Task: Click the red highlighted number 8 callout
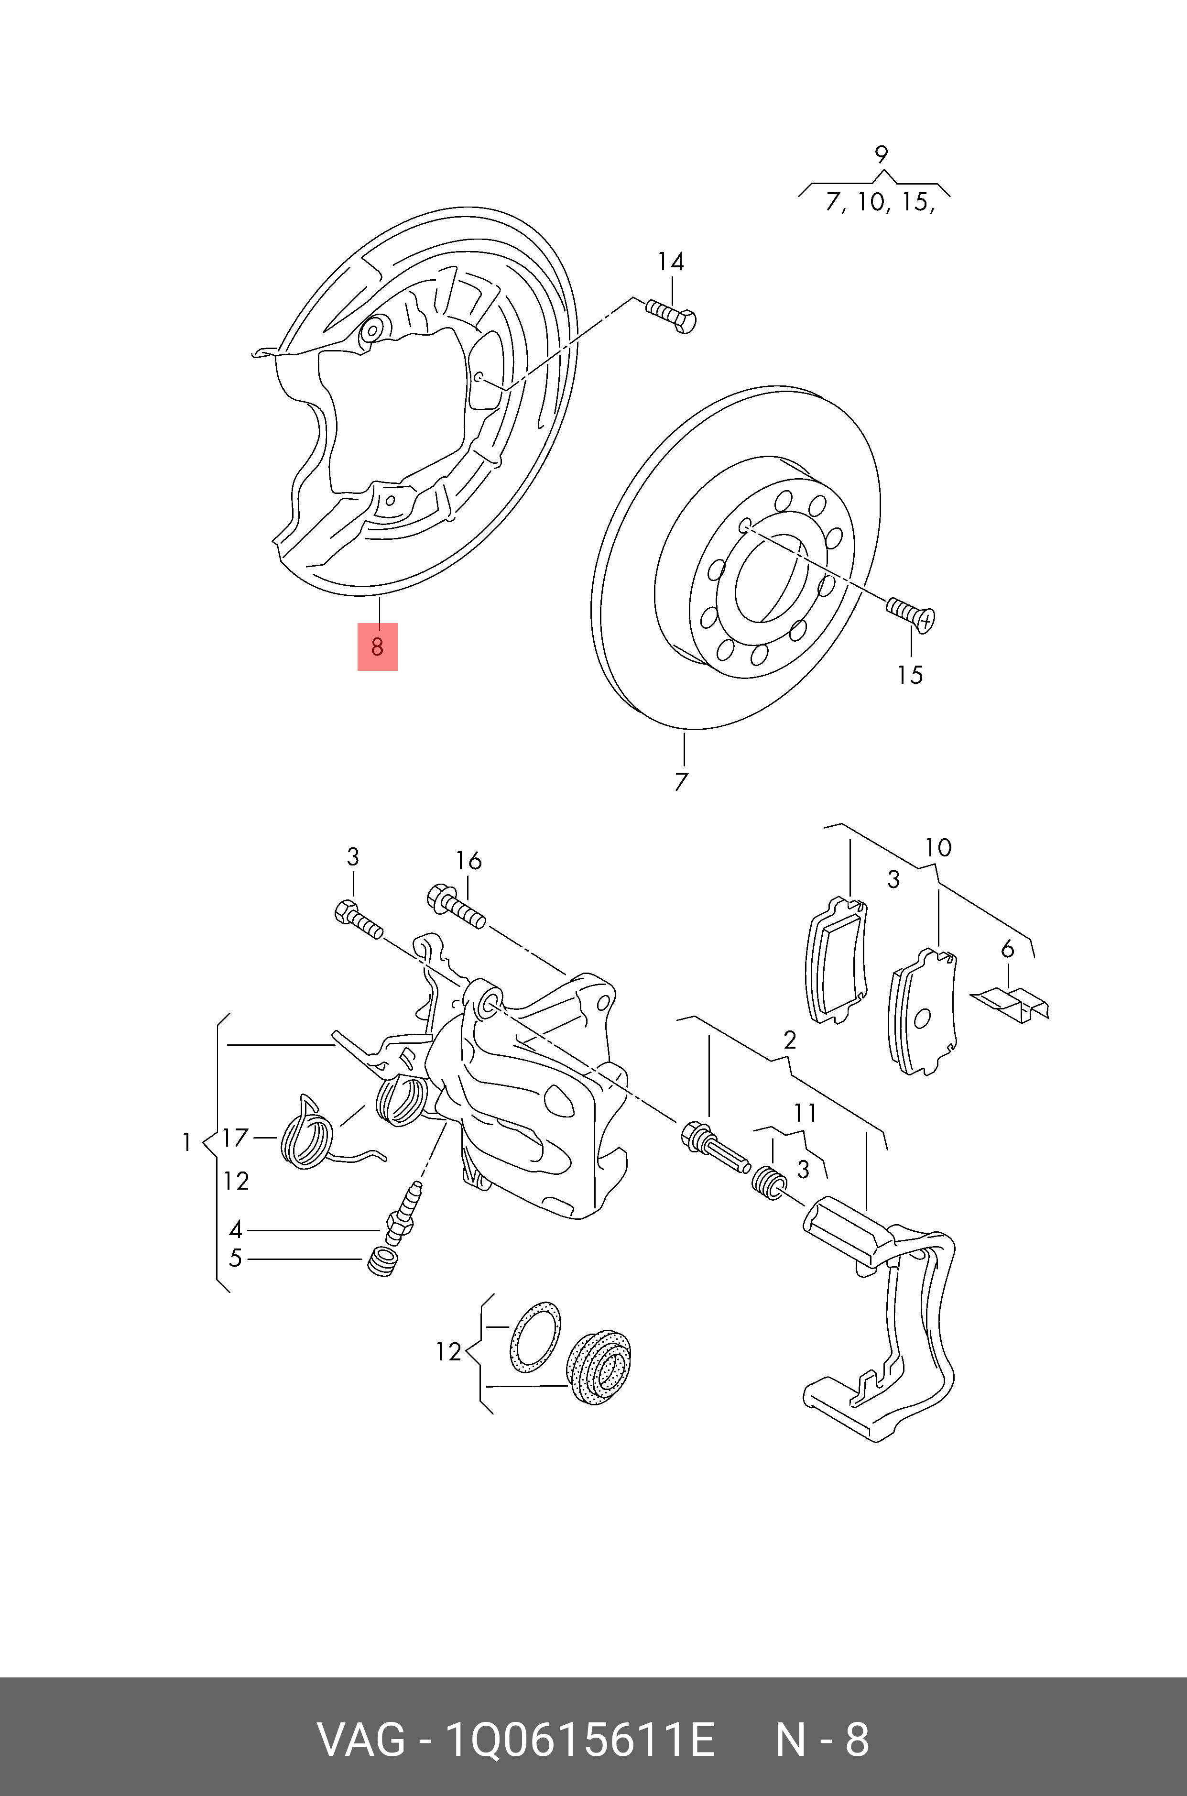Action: [377, 646]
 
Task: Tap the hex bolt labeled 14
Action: [672, 317]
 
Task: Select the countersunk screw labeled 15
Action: [912, 613]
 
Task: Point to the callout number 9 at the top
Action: [881, 155]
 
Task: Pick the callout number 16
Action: [468, 861]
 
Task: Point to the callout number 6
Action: [1007, 949]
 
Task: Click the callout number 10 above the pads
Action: [938, 848]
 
